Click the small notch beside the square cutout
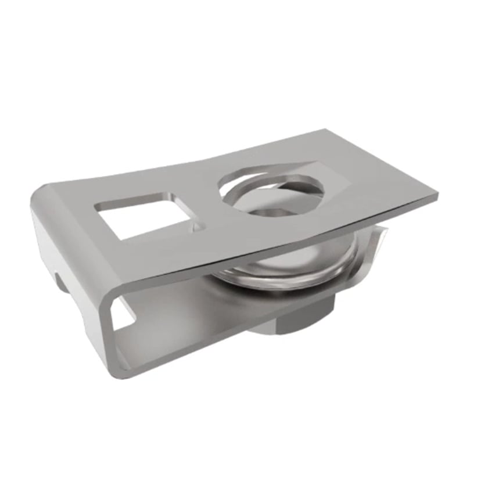pyautogui.click(x=199, y=224)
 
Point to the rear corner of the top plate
pyautogui.click(x=322, y=131)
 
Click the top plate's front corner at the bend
pyautogui.click(x=113, y=285)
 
